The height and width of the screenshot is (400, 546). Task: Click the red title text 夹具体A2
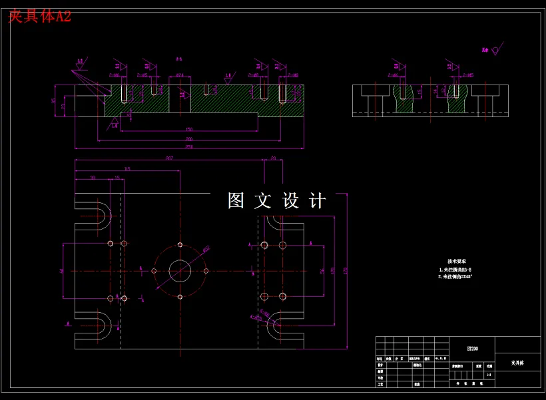39,17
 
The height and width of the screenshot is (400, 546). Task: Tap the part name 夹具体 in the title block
517,363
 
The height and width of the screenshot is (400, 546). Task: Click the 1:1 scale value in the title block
489,375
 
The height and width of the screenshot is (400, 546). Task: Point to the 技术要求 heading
456,262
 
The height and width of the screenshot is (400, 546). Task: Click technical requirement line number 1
456,271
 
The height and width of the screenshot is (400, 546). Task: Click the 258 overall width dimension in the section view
189,146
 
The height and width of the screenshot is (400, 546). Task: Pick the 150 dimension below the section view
189,129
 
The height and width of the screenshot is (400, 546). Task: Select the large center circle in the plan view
180,271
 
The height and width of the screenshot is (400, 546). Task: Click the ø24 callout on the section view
180,75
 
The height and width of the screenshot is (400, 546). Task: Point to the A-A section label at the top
179,59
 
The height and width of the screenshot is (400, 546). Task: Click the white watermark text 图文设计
277,201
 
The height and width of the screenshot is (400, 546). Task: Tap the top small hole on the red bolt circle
180,245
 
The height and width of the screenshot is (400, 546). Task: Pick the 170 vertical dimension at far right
346,270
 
